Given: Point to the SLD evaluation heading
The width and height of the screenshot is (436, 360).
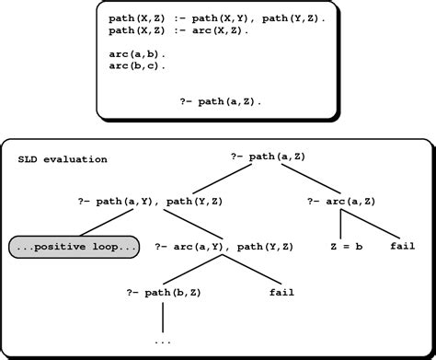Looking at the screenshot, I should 63,159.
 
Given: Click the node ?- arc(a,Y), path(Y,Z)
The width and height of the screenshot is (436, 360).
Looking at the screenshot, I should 225,248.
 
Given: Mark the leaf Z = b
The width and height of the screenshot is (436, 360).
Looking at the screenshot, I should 346,248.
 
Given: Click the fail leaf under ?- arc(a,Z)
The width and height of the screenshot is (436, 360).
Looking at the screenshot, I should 403,248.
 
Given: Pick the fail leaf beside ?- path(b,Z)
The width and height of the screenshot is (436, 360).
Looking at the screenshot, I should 281,293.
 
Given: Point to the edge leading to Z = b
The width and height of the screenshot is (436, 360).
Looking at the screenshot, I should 344,226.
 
